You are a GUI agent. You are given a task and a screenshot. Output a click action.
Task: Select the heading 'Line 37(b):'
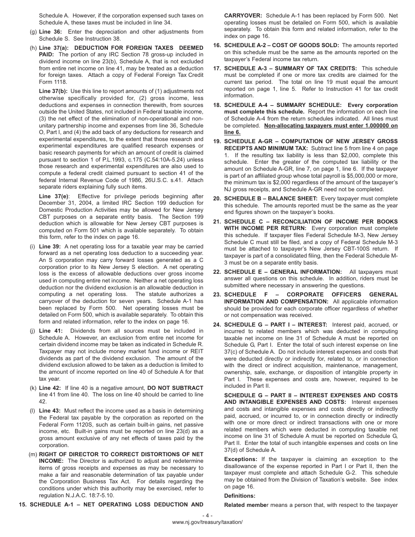[53, 91]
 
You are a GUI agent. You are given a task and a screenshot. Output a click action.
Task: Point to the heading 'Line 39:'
[50, 247]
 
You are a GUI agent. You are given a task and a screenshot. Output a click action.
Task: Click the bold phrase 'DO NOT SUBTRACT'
[175, 388]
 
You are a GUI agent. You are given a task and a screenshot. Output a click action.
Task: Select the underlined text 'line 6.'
[232, 132]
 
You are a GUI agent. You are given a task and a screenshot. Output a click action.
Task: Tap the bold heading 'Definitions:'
[240, 496]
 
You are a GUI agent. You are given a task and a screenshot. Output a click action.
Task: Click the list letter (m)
[33, 454]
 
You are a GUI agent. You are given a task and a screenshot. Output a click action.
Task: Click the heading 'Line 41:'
[50, 331]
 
